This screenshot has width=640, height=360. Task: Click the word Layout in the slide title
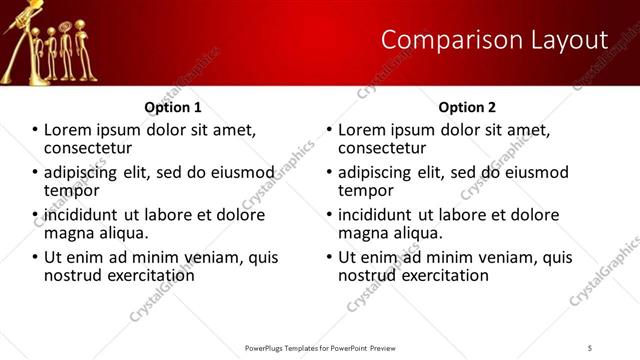[571, 39]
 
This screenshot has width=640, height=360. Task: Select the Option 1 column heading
[173, 107]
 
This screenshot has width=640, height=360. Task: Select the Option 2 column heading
[467, 107]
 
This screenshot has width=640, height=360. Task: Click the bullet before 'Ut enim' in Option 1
[35, 258]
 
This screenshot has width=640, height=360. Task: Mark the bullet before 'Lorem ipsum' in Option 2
[329, 130]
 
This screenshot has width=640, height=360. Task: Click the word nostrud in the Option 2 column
[369, 275]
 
